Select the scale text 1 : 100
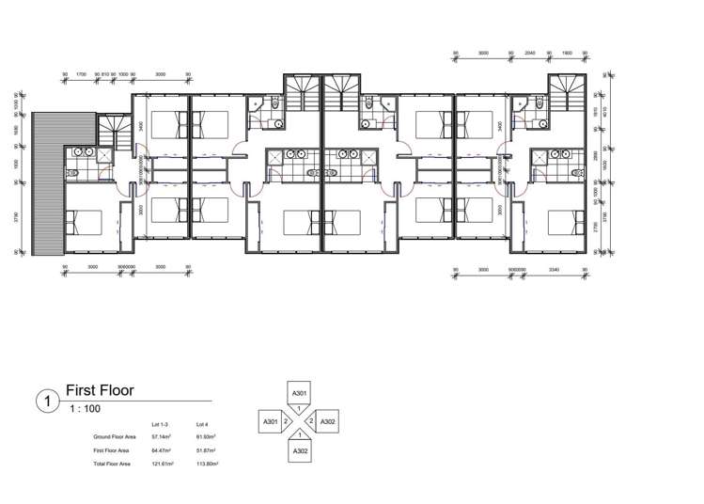84,409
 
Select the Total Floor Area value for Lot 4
206,464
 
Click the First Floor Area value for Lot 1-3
164,450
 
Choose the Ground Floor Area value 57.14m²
164,437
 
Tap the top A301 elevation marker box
299,392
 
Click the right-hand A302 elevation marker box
328,422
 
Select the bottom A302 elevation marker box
299,452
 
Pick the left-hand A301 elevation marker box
271,422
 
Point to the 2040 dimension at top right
529,54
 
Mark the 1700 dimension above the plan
82,72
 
